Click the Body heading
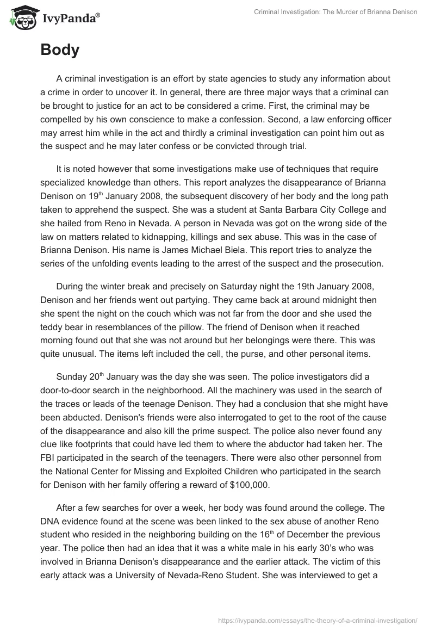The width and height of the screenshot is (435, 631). [x=60, y=50]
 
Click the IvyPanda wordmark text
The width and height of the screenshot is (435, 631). [x=70, y=18]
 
